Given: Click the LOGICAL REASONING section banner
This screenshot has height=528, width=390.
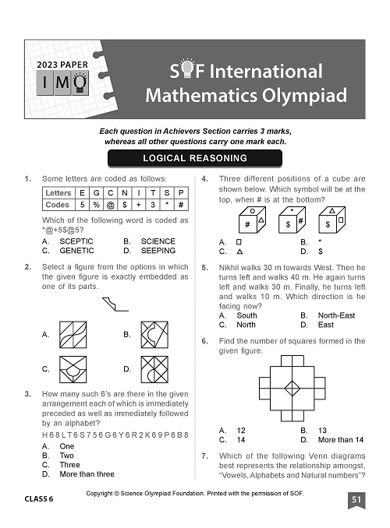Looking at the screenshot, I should pos(195,158).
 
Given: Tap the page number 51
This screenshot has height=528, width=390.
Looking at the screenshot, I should pos(356,499).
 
